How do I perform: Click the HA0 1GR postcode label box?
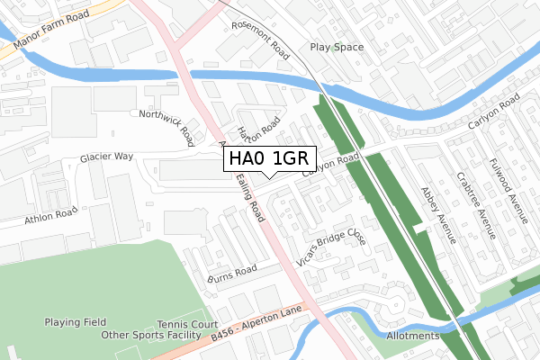click(x=269, y=158)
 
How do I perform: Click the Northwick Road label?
click(x=166, y=127)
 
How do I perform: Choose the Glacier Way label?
click(x=106, y=157)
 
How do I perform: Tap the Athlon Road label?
click(x=51, y=217)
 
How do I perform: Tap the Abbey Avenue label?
click(x=438, y=215)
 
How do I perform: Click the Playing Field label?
click(x=76, y=322)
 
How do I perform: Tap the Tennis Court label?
click(x=187, y=324)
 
